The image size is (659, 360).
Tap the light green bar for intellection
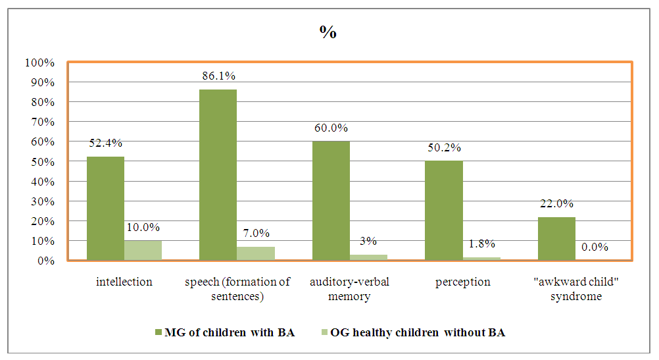tap(143, 250)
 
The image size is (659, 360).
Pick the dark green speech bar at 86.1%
tap(218, 175)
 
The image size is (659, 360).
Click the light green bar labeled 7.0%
tap(256, 253)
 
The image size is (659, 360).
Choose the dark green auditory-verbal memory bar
tap(331, 201)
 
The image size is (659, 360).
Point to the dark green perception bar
tap(444, 211)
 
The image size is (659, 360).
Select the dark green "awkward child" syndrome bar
tap(556, 238)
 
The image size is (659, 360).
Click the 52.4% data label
tap(105, 143)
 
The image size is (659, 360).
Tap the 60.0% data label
tap(331, 128)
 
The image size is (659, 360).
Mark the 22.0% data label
tap(556, 203)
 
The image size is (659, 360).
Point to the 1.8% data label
tap(482, 244)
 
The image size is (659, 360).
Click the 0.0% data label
tap(595, 247)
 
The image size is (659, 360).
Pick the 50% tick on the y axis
tap(42, 162)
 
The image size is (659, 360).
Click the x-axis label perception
tap(463, 282)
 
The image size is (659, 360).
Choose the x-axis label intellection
tap(124, 282)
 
